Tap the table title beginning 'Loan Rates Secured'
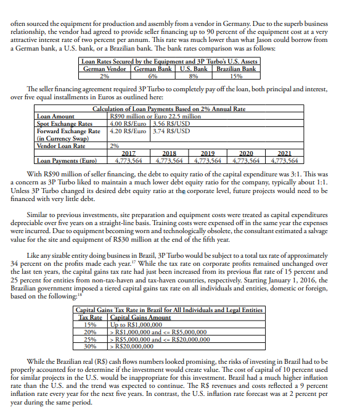pos(170,60)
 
